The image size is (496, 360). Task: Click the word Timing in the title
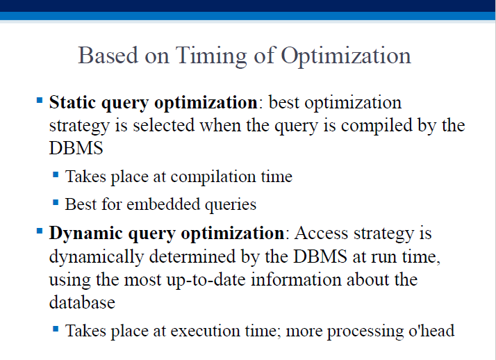211,56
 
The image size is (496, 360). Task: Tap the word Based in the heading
108,56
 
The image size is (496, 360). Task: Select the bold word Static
72,102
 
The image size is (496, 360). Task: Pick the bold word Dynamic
85,234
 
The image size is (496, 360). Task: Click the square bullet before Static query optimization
40,101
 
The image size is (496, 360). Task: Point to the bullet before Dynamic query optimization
40,231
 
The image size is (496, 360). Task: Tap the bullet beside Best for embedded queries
56,202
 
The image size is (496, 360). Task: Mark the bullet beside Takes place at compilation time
56,174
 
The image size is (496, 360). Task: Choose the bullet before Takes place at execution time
56,329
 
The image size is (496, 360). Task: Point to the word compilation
213,177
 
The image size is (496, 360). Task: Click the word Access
321,234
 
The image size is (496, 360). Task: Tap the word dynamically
97,257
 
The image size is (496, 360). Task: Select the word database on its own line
82,302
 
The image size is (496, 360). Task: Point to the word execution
205,331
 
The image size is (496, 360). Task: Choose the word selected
163,125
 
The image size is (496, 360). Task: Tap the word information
296,280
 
